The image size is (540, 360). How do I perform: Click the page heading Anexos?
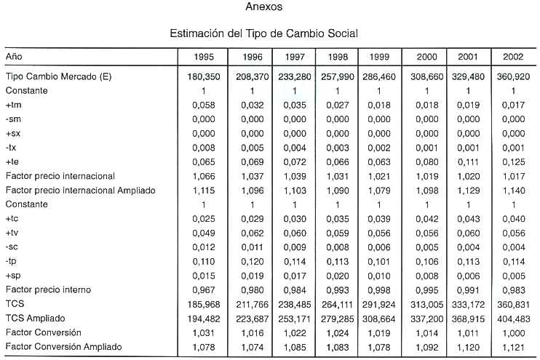(264, 7)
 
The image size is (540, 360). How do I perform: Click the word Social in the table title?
(343, 33)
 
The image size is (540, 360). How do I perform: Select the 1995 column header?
(204, 57)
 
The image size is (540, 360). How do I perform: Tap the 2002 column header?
(513, 57)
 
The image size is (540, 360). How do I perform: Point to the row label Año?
(14, 56)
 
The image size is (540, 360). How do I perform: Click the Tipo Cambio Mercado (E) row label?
(58, 76)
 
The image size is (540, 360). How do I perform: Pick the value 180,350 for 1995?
(204, 77)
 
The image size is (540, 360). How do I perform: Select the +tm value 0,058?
(204, 105)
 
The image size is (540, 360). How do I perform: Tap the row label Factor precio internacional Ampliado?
(81, 191)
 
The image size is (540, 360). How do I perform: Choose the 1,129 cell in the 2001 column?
(468, 191)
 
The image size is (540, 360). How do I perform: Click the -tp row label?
(11, 261)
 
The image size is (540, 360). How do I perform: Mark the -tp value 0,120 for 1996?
(252, 262)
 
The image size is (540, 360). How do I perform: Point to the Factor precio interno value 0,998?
(379, 290)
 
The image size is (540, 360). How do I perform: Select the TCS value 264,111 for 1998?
(338, 305)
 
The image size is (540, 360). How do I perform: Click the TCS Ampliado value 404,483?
(513, 319)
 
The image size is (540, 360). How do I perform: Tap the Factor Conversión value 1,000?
(513, 333)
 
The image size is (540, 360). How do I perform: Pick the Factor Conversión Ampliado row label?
(64, 347)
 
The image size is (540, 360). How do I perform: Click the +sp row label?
(13, 276)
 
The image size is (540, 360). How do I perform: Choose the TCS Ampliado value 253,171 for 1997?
(295, 319)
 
